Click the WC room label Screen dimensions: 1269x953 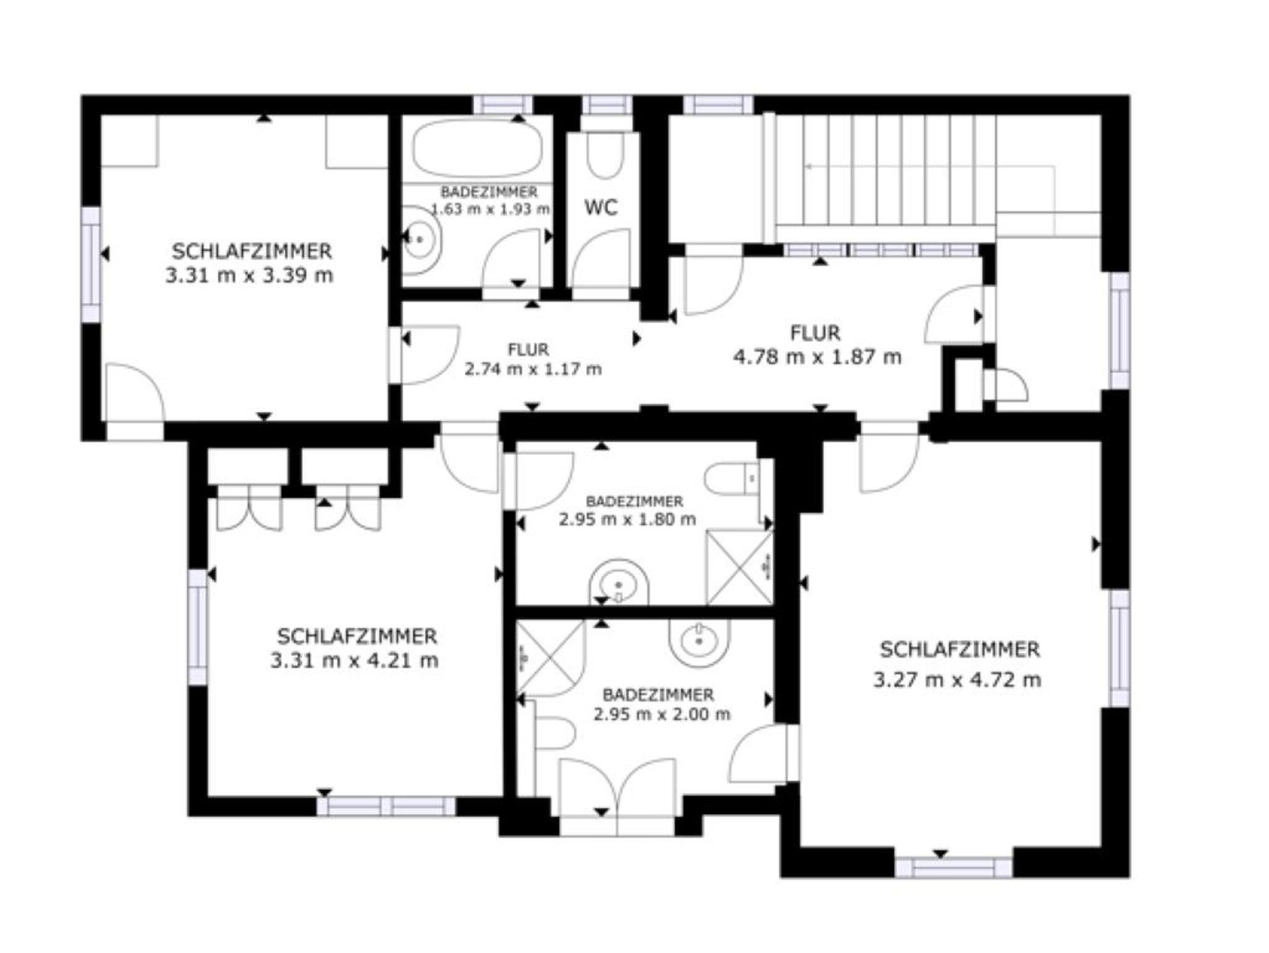click(601, 207)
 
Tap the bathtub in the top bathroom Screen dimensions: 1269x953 click(477, 147)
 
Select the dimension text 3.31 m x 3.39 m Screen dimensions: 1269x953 click(249, 275)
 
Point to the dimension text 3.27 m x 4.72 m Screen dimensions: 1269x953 click(957, 680)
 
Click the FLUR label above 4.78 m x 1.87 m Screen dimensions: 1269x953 click(815, 333)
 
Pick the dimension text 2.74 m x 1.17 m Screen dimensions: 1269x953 click(533, 369)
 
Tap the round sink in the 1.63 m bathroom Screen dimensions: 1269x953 click(422, 239)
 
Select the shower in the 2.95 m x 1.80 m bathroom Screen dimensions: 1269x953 click(740, 567)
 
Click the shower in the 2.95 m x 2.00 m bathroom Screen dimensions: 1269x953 click(550, 658)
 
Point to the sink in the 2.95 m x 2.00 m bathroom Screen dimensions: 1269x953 click(700, 642)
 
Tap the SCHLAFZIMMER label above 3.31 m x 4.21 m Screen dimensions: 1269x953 click(357, 636)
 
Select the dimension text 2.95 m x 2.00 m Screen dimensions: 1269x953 click(662, 714)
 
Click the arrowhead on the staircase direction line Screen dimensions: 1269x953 click(809, 166)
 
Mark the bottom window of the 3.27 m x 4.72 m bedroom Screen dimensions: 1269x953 click(954, 867)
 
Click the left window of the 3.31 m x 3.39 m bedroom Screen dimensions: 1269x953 click(91, 265)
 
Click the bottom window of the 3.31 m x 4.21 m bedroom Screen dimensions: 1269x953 click(386, 806)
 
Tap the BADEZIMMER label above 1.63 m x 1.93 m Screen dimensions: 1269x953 click(489, 192)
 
